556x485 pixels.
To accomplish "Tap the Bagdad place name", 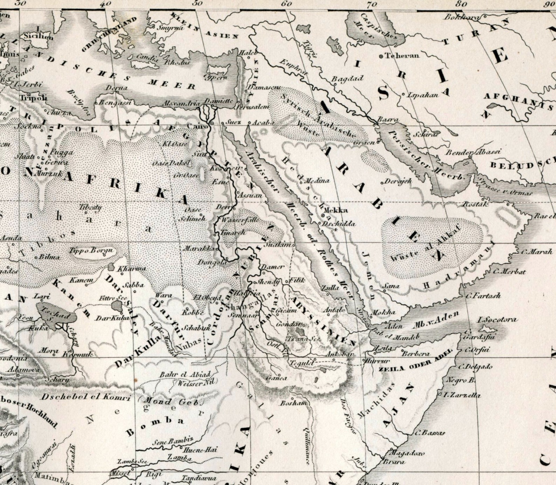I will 347,79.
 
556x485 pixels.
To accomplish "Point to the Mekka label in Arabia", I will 336,210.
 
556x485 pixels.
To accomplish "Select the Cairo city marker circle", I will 211,124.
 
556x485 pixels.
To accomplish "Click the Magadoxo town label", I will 406,454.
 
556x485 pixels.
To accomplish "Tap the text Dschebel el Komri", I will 86,397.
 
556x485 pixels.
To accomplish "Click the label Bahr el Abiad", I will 185,374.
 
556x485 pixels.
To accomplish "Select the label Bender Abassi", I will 473,152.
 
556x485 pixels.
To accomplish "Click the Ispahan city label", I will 422,94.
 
